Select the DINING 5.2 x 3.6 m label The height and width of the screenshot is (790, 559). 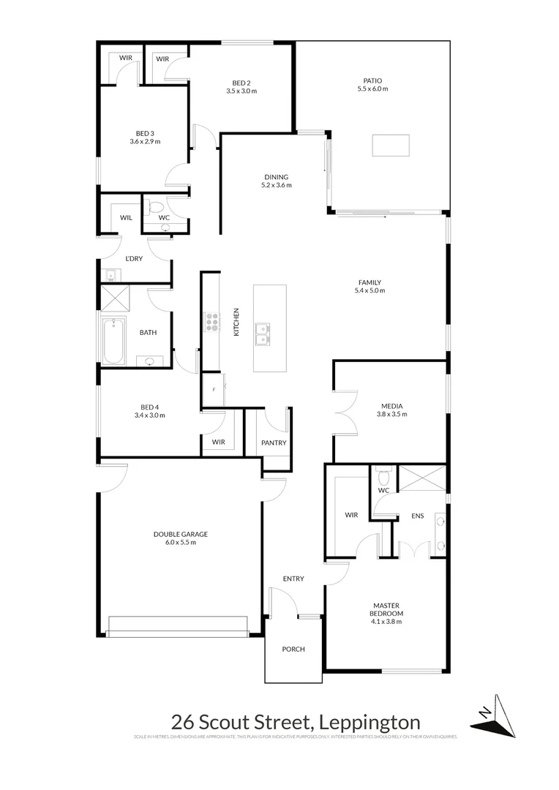(x=277, y=181)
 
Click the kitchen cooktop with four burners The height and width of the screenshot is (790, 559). (x=211, y=322)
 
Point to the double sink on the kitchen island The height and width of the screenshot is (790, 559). (x=262, y=334)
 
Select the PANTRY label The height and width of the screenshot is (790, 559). (x=274, y=443)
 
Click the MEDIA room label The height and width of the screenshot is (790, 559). (x=392, y=410)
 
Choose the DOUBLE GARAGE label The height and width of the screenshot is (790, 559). (x=175, y=538)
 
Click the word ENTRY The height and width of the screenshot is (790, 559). (x=293, y=579)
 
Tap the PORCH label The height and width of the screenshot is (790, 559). (x=293, y=649)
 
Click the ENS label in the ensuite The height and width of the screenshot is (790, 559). (x=418, y=516)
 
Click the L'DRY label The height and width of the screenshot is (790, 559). (x=134, y=259)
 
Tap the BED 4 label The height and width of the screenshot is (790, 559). (x=150, y=411)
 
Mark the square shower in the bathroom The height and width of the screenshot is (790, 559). (x=113, y=298)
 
